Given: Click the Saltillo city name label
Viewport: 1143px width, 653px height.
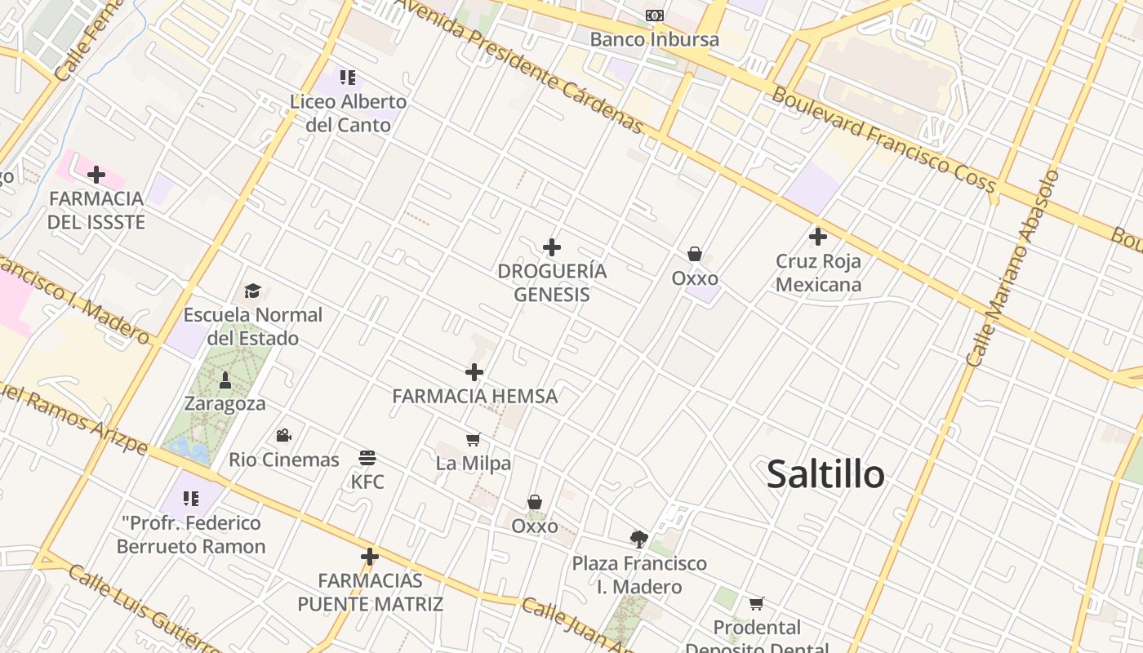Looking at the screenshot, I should click(825, 474).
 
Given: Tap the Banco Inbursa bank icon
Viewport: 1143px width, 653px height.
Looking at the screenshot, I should click(654, 16).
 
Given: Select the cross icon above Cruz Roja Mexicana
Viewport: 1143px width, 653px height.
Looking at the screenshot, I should click(818, 237).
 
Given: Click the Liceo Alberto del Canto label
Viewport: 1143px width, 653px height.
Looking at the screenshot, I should click(349, 113).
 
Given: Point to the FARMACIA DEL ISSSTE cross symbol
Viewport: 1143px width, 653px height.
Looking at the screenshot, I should click(96, 174).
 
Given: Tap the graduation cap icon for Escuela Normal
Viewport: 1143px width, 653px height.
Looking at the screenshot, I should click(252, 291).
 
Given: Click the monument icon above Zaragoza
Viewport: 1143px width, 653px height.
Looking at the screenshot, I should click(225, 380).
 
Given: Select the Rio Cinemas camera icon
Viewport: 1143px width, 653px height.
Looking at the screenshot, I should click(283, 435).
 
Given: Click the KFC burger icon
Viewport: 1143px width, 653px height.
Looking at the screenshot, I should click(367, 457).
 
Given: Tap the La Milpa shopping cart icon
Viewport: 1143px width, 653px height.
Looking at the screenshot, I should click(474, 440).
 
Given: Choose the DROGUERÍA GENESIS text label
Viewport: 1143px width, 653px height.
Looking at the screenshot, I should click(552, 282).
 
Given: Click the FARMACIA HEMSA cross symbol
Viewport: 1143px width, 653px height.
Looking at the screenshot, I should click(474, 372).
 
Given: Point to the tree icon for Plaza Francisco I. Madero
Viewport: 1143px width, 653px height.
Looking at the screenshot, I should click(639, 538).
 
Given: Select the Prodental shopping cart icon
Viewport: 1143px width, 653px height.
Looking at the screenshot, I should click(757, 603).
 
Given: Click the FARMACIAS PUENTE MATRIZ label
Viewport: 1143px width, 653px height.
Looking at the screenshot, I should click(370, 593).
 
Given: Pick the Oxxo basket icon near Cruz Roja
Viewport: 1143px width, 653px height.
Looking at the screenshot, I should click(695, 254).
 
